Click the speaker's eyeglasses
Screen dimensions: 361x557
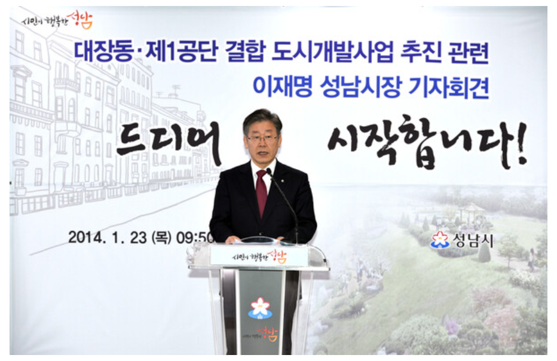coord(262,139)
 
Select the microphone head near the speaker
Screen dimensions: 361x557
coord(268,172)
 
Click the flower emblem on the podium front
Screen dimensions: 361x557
coord(260,307)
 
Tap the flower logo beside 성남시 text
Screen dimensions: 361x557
coord(439,240)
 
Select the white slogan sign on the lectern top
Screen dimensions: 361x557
coord(258,256)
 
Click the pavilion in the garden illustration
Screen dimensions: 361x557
coord(472,212)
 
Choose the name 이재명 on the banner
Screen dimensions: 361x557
coord(280,89)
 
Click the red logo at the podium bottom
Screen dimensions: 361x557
coord(268,335)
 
